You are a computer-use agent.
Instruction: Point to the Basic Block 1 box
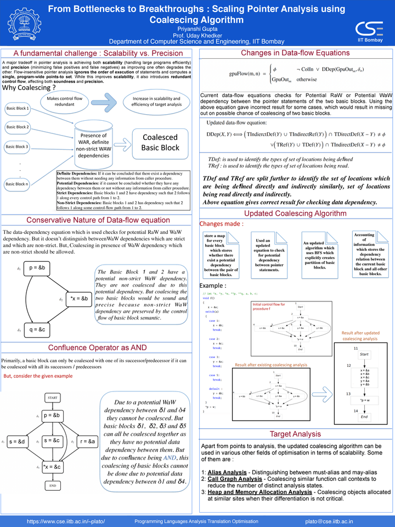point(18,109)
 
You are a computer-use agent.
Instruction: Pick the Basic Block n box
point(18,184)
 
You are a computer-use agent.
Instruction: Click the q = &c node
point(38,329)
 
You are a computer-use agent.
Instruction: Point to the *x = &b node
point(80,299)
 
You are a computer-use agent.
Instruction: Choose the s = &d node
point(18,441)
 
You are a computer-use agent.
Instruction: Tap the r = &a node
point(88,441)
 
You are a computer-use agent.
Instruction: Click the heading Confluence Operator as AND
point(97,347)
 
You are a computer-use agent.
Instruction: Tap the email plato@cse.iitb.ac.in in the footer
point(329,521)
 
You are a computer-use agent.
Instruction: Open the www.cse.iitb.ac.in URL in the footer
point(66,521)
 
